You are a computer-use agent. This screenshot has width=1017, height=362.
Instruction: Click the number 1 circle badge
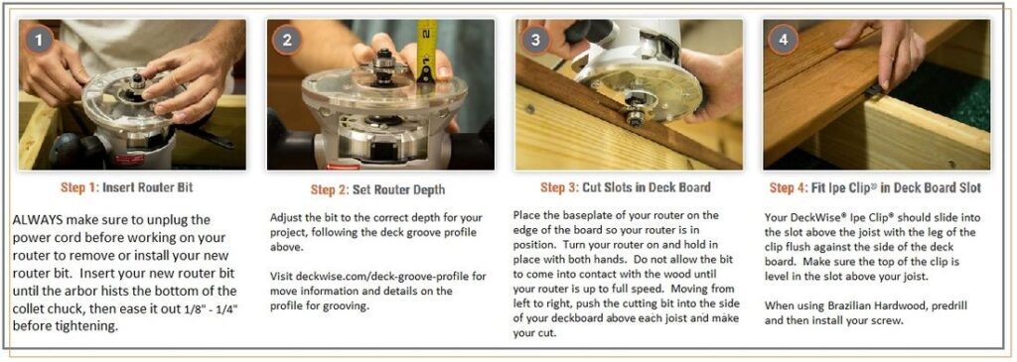coord(40,40)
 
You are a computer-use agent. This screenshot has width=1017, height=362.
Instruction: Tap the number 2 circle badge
coord(287,40)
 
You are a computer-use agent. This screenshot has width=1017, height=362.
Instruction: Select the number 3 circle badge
coord(535,40)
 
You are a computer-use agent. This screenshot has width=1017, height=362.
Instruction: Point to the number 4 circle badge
coord(784,40)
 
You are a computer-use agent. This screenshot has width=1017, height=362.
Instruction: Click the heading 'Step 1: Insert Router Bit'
coord(126,187)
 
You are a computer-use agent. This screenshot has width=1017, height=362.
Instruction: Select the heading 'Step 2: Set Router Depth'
coord(377,189)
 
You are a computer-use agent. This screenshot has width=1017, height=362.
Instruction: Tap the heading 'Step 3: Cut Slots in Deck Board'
coord(626,187)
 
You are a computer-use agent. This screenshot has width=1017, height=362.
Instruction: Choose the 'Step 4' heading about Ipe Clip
coord(875,187)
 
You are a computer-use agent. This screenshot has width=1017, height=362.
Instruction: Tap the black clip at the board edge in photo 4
coord(872,90)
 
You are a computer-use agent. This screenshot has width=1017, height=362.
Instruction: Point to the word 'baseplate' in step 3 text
coord(586,215)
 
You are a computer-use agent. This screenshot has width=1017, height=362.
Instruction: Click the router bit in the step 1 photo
coord(137,81)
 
